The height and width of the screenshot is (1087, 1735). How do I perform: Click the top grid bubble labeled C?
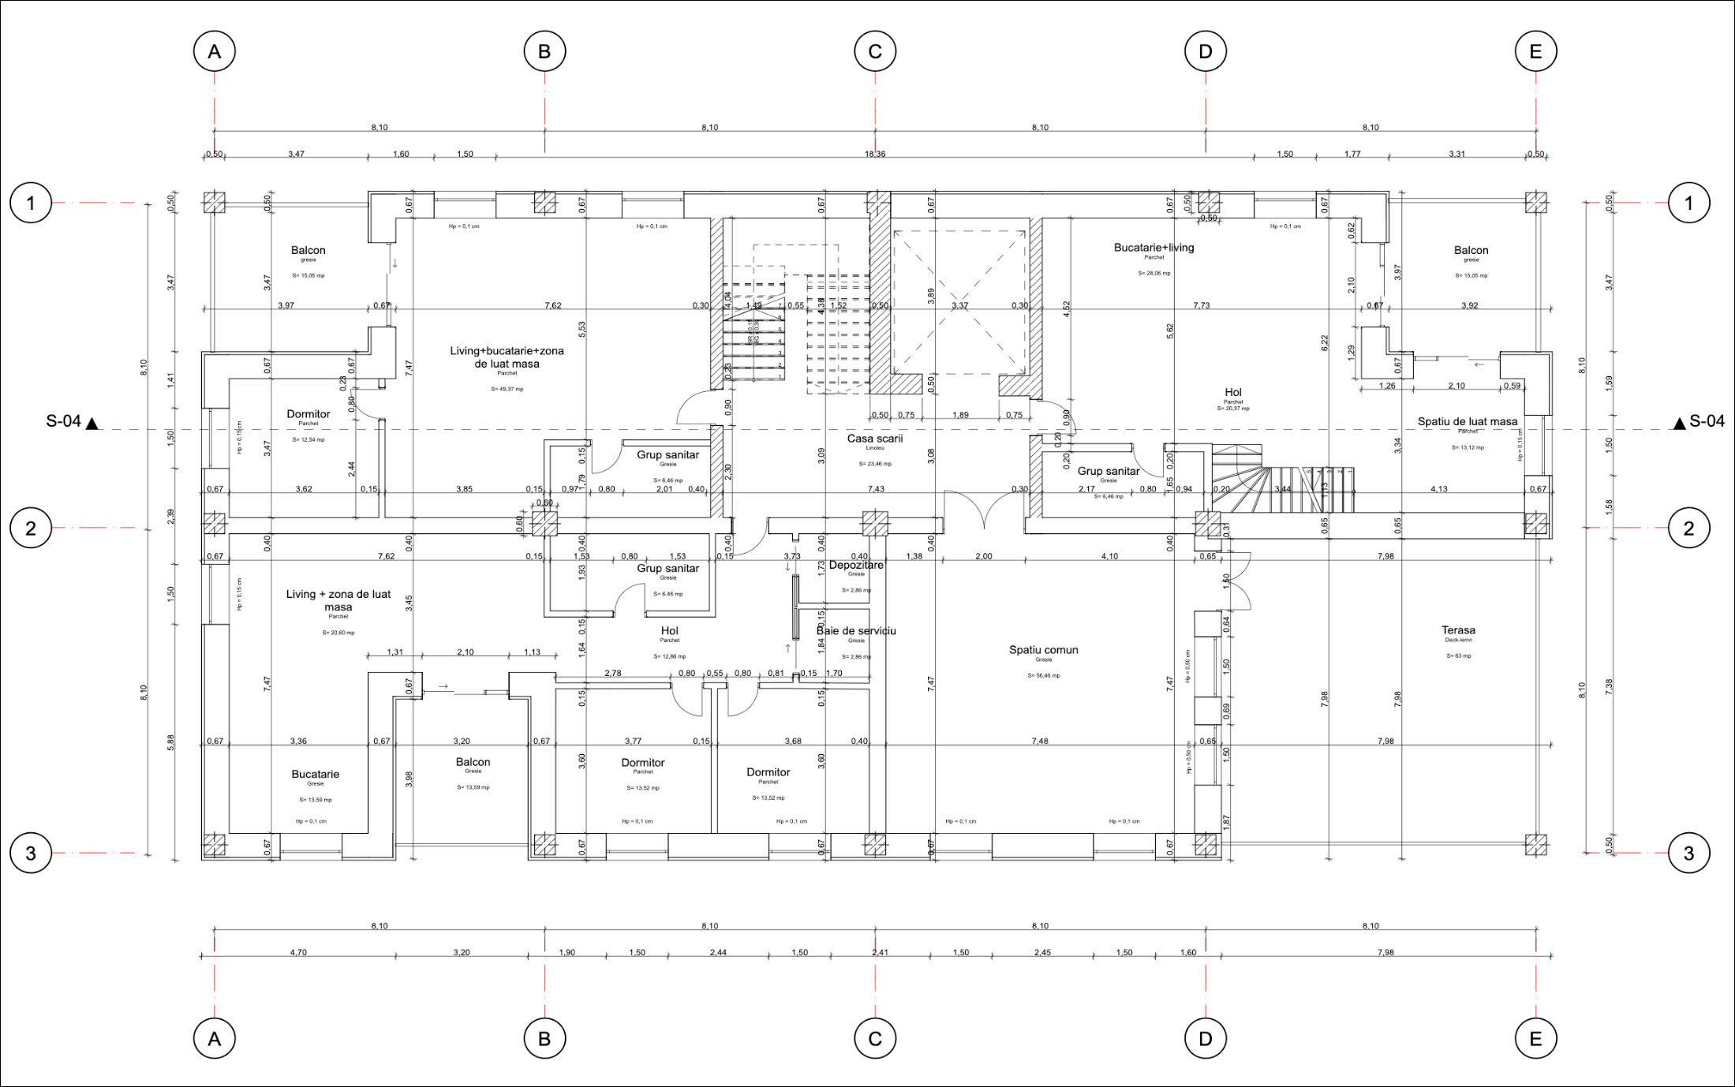click(x=875, y=51)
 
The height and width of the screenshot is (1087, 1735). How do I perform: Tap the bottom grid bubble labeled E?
click(x=1535, y=1039)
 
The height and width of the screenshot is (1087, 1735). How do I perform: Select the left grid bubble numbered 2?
click(x=31, y=528)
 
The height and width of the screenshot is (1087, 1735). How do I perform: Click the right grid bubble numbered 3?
click(x=1688, y=853)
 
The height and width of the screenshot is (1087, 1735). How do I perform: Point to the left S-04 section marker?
click(x=72, y=422)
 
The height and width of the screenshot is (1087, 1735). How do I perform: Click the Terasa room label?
click(x=1458, y=630)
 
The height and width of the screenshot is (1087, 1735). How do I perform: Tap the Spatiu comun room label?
click(x=1043, y=650)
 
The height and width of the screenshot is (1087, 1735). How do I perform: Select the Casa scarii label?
click(x=875, y=438)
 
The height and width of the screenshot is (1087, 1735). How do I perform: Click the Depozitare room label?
click(x=856, y=565)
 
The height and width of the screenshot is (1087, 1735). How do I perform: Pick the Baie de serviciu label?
click(x=856, y=631)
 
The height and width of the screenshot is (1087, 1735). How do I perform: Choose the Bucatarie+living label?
click(x=1154, y=248)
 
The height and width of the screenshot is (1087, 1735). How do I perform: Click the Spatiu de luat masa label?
click(x=1468, y=421)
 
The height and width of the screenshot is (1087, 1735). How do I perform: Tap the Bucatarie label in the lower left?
click(x=315, y=774)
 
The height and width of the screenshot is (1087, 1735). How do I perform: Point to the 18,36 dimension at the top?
click(x=875, y=154)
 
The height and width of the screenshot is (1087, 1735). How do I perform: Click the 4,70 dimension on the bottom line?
click(x=298, y=952)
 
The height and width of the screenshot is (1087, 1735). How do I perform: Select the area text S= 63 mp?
click(x=1458, y=656)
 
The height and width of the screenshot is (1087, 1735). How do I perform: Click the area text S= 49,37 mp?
click(x=507, y=389)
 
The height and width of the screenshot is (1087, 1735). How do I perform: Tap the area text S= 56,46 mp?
click(x=1043, y=675)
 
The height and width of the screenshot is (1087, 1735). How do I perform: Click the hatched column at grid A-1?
click(x=214, y=203)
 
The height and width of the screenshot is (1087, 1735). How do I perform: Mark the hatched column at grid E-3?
click(x=1535, y=846)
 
